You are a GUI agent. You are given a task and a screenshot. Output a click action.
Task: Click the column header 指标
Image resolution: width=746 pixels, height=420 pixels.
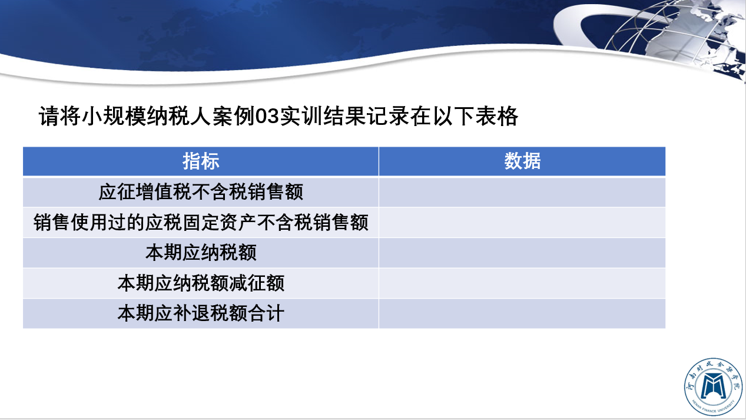point(201,161)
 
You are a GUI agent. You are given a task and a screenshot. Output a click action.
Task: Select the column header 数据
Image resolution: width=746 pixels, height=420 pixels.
point(522,161)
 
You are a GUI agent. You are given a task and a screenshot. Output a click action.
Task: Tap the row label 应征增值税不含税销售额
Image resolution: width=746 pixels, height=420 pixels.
point(201,192)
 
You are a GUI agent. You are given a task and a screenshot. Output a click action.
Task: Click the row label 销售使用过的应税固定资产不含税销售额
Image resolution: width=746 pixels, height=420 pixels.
point(201,223)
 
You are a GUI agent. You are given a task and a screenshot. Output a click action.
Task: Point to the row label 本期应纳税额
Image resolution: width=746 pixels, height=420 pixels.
point(201,253)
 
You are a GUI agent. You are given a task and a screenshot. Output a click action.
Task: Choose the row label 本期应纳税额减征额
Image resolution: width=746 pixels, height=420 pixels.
point(201,283)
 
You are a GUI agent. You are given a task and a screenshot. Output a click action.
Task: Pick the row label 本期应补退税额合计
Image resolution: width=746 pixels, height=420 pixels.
point(201,313)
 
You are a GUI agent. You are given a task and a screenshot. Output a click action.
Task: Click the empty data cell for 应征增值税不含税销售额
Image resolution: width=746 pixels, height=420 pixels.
point(522,192)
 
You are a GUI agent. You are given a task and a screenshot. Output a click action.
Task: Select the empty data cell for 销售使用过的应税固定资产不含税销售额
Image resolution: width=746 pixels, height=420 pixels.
point(522,223)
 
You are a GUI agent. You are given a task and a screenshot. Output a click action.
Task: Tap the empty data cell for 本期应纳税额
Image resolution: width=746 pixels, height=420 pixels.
point(522,253)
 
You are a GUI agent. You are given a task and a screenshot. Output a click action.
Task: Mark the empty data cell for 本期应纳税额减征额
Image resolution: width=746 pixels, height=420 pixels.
point(522,283)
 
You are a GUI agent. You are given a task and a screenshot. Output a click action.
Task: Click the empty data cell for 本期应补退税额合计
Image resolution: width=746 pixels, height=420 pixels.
point(522,313)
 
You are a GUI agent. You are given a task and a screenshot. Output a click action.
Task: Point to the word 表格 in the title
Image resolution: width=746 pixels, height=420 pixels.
point(496,116)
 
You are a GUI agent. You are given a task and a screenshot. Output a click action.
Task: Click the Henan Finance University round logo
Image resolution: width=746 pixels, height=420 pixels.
point(713,386)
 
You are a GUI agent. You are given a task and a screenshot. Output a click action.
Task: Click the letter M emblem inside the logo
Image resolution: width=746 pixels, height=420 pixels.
point(713,386)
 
